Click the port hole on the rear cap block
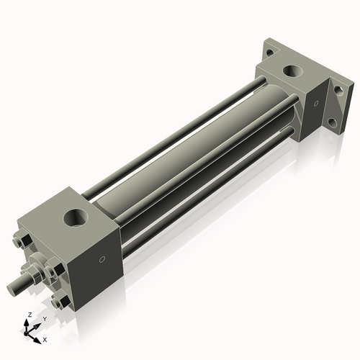pos(293,71)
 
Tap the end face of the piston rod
pos(12,289)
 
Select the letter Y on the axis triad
pos(44,318)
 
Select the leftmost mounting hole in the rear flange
pos(269,52)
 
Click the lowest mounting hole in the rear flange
pos(332,122)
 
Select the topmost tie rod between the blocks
pos(180,127)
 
